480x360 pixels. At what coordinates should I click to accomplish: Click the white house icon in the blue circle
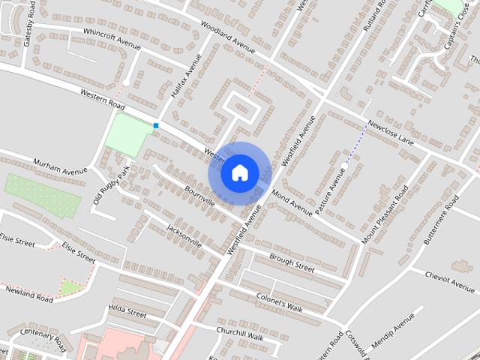tap(238, 172)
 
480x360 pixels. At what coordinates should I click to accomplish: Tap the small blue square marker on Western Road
tap(156, 125)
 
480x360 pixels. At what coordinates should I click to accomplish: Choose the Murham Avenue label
tap(60, 166)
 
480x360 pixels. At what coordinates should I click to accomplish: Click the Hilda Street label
tap(127, 310)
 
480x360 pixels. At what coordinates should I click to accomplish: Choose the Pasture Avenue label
tap(331, 192)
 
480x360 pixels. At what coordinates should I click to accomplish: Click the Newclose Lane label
tap(390, 134)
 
